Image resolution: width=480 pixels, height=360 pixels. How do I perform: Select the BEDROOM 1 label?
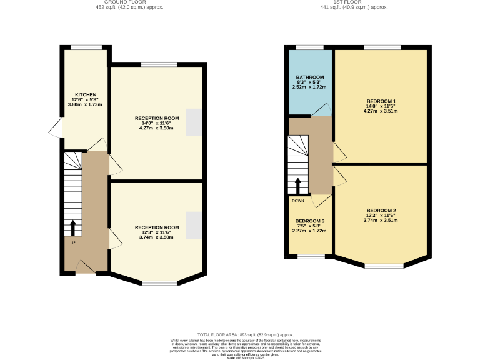coord(381,101)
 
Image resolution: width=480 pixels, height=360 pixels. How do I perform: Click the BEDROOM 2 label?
coord(381,210)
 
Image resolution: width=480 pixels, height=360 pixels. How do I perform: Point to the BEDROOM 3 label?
coord(309,221)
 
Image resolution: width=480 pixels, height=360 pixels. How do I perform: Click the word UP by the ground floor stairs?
coord(72,243)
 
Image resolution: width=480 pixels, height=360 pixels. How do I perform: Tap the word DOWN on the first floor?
coord(298,201)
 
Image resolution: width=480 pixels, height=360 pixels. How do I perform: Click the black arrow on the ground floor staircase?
coord(73,226)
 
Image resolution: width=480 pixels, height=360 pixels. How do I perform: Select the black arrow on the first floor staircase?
coord(298,186)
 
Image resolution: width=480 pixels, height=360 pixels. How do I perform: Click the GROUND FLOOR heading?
coord(129,2)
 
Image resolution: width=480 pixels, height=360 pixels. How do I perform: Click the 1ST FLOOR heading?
coord(354,2)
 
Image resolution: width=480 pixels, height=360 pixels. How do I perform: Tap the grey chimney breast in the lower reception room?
coord(194,225)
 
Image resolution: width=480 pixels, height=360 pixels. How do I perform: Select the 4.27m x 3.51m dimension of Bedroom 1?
coord(381,111)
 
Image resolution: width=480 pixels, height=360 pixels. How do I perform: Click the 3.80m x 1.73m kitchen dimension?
coord(85,104)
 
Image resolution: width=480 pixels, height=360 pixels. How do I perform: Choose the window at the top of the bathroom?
coord(305,47)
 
